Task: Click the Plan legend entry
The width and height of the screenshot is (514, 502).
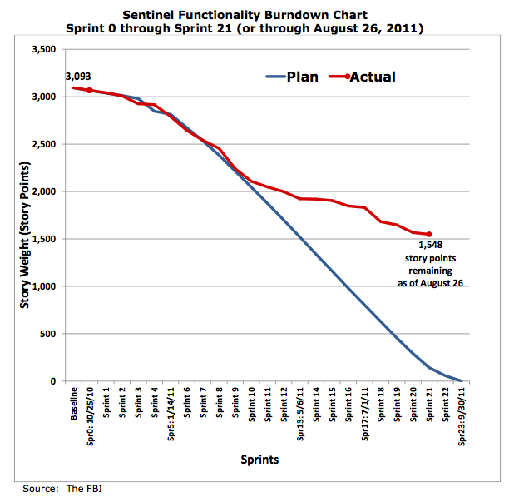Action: click(x=292, y=77)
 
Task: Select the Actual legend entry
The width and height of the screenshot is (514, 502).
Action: click(x=363, y=77)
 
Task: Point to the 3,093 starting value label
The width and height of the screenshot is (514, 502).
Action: click(x=78, y=77)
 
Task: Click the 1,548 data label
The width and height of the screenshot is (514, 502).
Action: click(x=430, y=245)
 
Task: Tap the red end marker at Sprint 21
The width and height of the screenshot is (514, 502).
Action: click(x=429, y=234)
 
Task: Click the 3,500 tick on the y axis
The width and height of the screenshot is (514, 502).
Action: click(x=44, y=50)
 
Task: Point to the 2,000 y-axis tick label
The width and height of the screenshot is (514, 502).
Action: click(x=44, y=191)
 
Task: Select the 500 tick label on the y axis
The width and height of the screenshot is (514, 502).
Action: click(x=48, y=334)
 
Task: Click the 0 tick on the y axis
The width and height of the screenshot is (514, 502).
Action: click(x=53, y=381)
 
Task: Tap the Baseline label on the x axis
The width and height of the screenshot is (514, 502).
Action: click(x=74, y=404)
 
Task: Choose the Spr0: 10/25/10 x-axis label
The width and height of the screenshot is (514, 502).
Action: click(x=90, y=417)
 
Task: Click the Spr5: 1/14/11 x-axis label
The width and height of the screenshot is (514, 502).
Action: click(x=171, y=415)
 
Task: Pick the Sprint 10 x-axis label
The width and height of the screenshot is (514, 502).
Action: click(x=252, y=405)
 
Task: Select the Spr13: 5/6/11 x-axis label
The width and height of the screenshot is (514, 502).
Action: click(x=300, y=415)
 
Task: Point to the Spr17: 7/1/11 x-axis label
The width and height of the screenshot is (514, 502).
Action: click(x=365, y=415)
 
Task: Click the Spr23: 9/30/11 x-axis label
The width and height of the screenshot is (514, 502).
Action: click(x=462, y=417)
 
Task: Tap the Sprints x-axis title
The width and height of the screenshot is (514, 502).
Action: click(x=259, y=460)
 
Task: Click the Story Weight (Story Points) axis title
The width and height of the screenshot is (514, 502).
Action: click(x=25, y=235)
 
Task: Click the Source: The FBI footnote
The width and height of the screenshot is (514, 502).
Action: click(x=62, y=489)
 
